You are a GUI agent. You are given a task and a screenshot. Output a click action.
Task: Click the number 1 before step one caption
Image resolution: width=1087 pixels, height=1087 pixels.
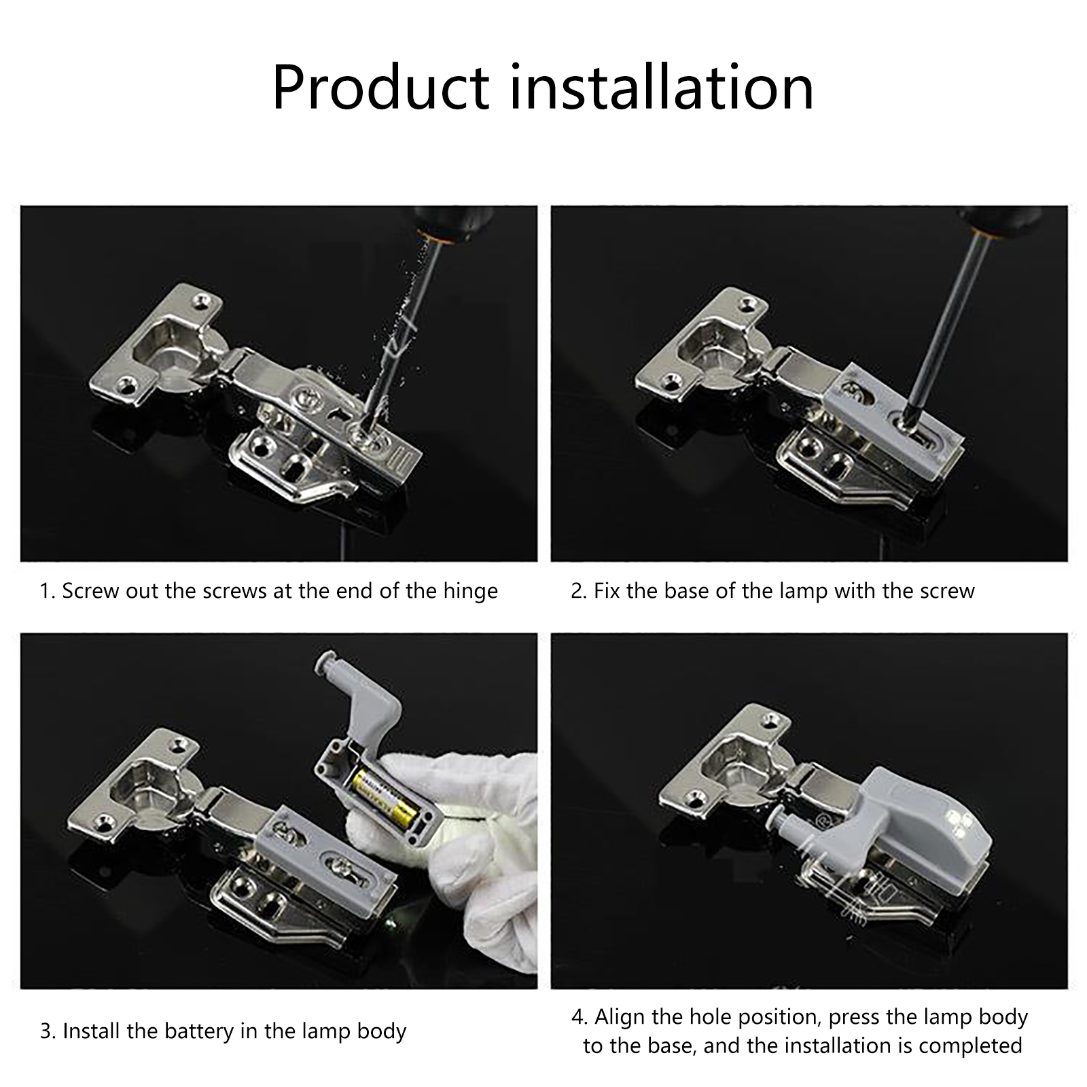pos(45,591)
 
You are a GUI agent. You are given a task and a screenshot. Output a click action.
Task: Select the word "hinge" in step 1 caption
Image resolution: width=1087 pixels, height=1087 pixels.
pos(471,592)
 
